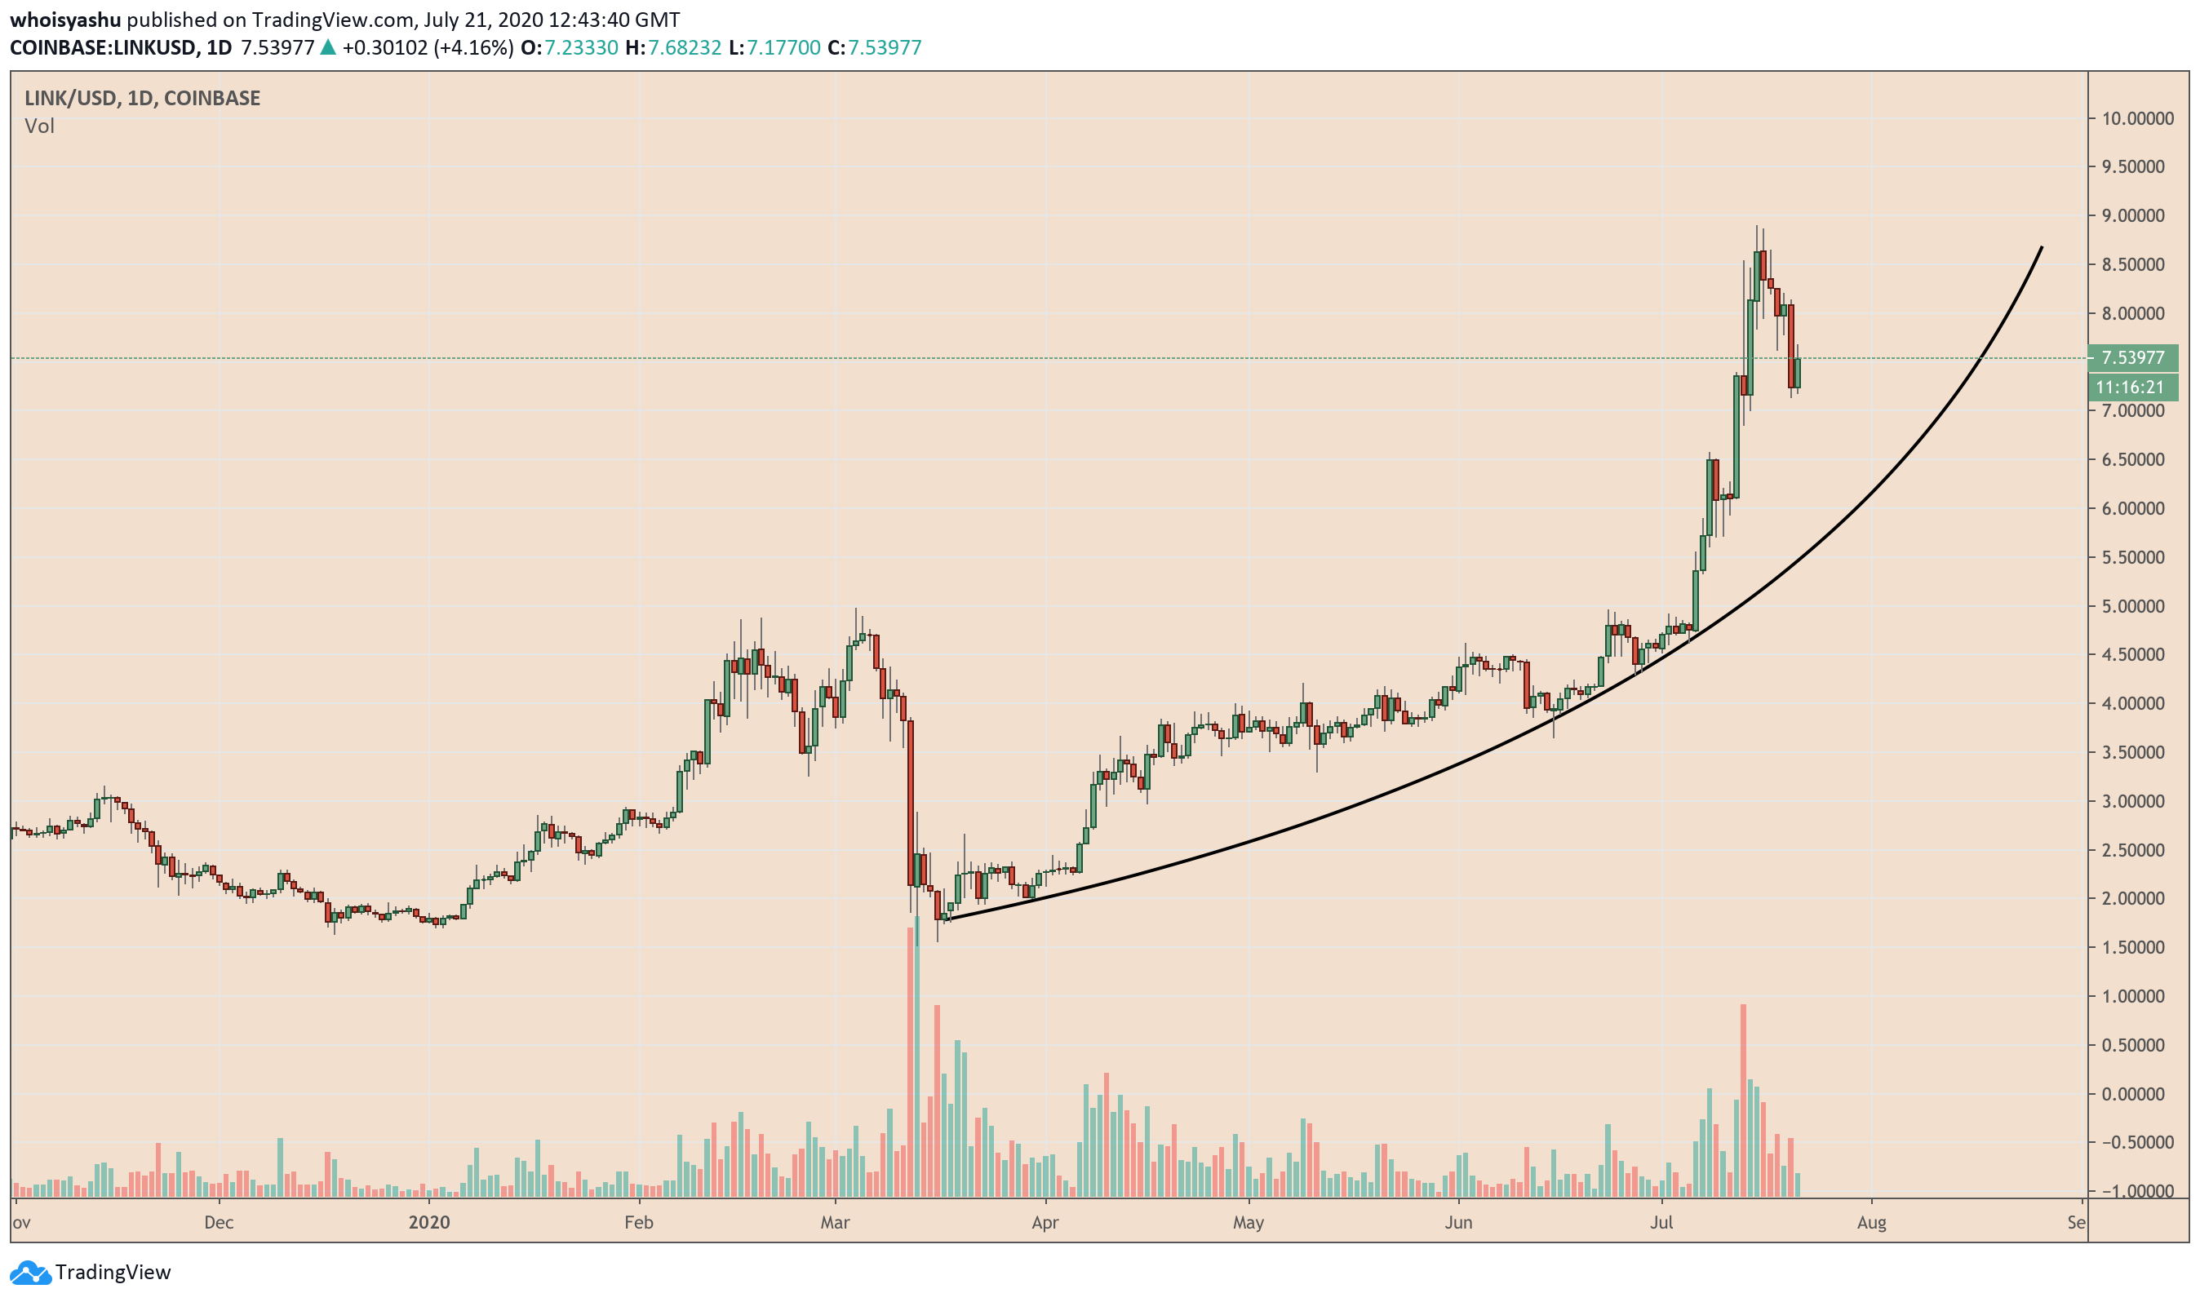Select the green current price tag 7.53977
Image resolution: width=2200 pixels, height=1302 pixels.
pyautogui.click(x=2131, y=358)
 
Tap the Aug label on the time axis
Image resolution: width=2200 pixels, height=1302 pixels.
pyautogui.click(x=1871, y=1223)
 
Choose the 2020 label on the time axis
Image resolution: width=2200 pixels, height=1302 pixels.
pyautogui.click(x=429, y=1223)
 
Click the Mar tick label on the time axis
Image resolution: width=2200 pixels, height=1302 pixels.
pyautogui.click(x=835, y=1223)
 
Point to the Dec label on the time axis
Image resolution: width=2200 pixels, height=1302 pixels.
pyautogui.click(x=219, y=1223)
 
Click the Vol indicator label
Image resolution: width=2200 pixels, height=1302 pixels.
pyautogui.click(x=39, y=126)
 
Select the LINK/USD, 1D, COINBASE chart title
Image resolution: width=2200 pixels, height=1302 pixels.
pyautogui.click(x=142, y=98)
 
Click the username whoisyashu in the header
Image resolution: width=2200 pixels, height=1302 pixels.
pyautogui.click(x=65, y=20)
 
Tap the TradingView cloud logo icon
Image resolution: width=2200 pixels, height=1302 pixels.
pyautogui.click(x=30, y=1272)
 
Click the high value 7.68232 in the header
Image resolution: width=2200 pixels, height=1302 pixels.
pyautogui.click(x=685, y=47)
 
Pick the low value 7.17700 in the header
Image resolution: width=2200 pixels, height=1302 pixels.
pyautogui.click(x=783, y=47)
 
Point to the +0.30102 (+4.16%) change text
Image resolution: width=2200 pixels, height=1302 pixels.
pyautogui.click(x=428, y=47)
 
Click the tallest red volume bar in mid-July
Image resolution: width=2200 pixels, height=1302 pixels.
pyautogui.click(x=1744, y=1101)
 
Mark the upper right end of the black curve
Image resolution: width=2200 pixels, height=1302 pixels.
pyautogui.click(x=2042, y=248)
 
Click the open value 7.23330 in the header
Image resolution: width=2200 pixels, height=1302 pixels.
pyautogui.click(x=581, y=47)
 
